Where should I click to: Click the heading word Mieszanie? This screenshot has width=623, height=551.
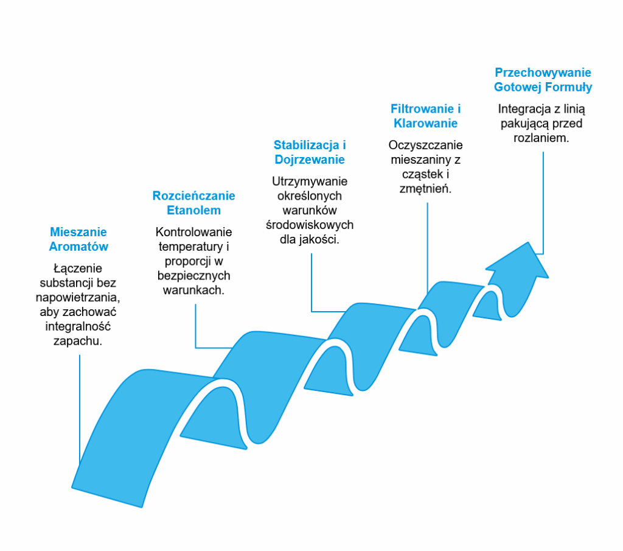tap(78, 232)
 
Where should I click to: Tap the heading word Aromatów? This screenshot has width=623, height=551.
tap(78, 247)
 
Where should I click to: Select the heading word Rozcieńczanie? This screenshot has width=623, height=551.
tap(193, 196)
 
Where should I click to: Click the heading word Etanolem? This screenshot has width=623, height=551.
tap(193, 210)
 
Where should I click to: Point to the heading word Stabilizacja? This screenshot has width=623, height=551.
tap(306, 146)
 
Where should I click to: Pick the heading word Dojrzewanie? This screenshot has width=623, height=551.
tap(310, 160)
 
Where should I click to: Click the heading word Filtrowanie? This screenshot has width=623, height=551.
tap(422, 108)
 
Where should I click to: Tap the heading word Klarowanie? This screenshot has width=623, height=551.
tap(425, 123)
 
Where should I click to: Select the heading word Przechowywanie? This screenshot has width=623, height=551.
tap(543, 72)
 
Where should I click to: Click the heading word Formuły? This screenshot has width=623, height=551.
tap(568, 87)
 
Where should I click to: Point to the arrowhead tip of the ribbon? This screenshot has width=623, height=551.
tap(528, 242)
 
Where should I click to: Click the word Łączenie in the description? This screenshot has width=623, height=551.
tap(78, 268)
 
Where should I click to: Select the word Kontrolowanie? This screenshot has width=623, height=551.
tap(193, 232)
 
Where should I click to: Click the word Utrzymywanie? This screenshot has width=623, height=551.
tap(310, 181)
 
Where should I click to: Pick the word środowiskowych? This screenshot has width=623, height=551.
tap(310, 225)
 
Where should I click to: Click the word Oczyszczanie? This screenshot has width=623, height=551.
tap(425, 146)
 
